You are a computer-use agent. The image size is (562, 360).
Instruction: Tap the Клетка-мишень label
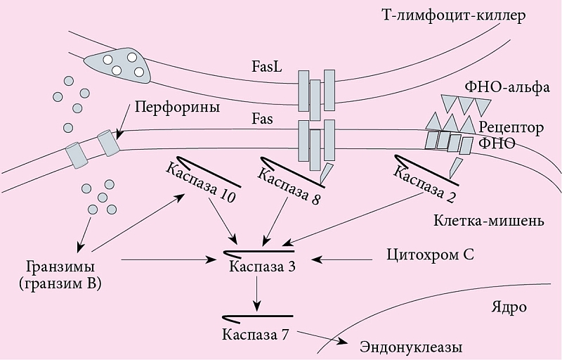coord(488,221)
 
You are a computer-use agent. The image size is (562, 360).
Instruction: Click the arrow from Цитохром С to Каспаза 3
coord(341,259)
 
